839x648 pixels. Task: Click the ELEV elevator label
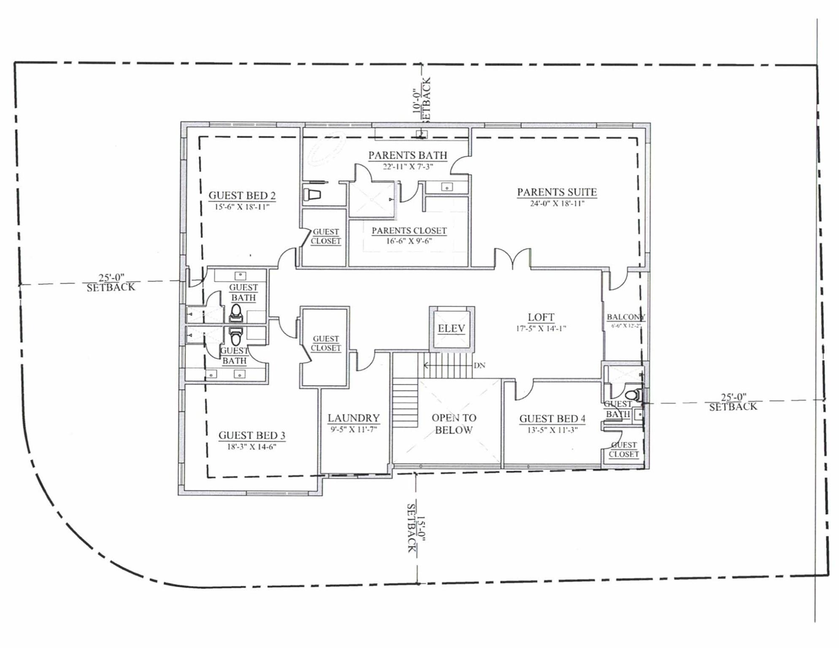451,329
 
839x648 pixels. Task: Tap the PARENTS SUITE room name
557,192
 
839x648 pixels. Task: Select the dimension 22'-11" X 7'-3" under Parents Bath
408,167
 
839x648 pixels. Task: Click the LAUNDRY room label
354,418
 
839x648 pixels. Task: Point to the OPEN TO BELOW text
454,424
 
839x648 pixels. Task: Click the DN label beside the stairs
479,365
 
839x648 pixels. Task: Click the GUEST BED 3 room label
252,435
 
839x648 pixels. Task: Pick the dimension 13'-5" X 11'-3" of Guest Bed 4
552,430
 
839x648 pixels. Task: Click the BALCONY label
625,317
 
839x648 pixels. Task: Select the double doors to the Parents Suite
512,258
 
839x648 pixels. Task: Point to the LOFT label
541,317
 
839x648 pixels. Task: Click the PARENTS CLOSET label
409,231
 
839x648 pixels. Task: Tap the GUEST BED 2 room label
242,196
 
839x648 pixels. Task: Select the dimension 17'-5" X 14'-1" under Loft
541,329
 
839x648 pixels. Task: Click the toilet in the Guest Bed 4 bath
633,395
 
